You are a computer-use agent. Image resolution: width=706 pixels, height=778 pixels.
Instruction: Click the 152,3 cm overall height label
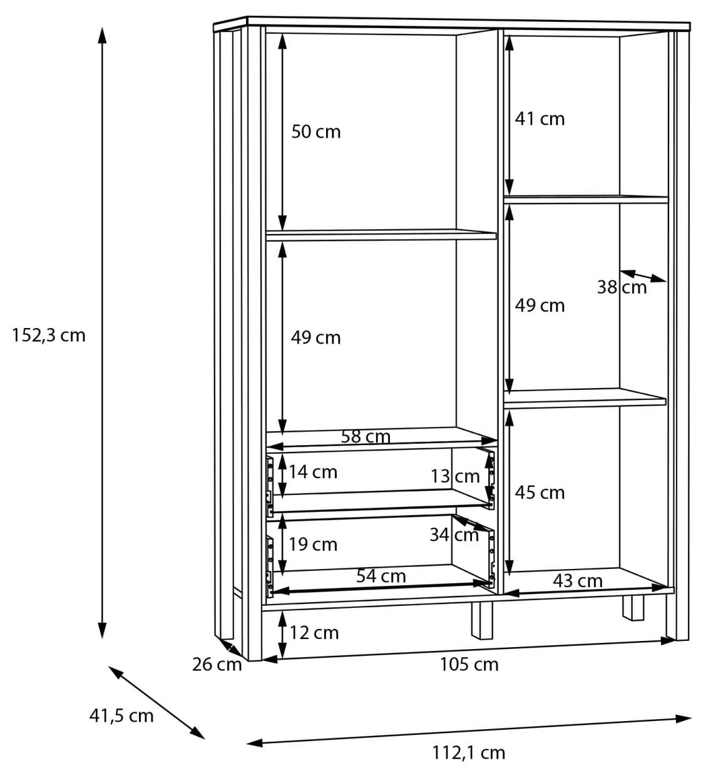[49, 335]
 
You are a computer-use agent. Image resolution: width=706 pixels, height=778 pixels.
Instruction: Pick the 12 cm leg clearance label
[314, 633]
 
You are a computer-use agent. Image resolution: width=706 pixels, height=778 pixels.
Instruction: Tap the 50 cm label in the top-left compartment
[316, 132]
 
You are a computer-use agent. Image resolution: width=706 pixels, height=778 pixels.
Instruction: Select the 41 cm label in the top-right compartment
[540, 119]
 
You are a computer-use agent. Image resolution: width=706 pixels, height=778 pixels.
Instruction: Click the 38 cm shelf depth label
[622, 287]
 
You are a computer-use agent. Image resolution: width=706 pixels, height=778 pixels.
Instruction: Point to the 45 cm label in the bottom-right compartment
[540, 493]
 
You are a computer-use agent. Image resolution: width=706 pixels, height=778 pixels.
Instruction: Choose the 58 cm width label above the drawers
[366, 437]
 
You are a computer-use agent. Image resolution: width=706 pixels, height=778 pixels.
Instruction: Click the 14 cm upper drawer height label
[313, 472]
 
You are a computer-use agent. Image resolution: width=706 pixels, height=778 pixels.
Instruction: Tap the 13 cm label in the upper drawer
[455, 476]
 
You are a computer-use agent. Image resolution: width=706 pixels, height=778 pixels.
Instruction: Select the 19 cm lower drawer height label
[313, 545]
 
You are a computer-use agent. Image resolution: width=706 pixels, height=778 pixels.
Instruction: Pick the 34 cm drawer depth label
[454, 535]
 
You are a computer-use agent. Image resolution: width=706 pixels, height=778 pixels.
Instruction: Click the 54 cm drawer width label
[381, 576]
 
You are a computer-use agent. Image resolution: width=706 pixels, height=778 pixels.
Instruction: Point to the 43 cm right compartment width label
[578, 581]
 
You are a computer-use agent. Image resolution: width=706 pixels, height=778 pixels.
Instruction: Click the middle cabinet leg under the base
[482, 620]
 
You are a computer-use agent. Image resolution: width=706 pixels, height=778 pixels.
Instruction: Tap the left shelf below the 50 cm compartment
[381, 235]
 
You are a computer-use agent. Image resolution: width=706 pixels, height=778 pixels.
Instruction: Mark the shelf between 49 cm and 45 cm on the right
[585, 399]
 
